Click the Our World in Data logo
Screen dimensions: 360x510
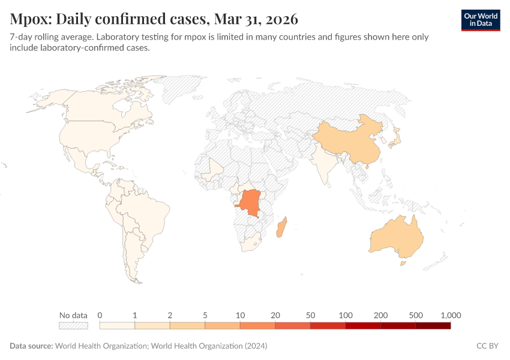(481, 20)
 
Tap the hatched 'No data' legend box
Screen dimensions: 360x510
(73, 326)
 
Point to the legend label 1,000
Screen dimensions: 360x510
(450, 315)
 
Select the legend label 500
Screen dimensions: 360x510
(415, 315)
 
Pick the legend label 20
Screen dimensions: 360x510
(275, 315)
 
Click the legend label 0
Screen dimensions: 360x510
(100, 315)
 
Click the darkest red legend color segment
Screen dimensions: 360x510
(433, 326)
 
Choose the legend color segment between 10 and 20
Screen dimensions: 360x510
(257, 326)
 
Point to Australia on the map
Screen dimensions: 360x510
(396, 237)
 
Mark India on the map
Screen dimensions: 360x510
(324, 168)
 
